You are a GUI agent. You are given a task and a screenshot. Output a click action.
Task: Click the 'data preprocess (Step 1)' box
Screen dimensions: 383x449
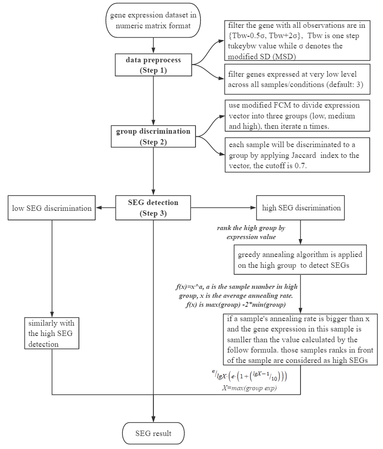[153, 65]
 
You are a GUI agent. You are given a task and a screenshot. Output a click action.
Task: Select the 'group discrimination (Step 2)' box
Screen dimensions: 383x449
[153, 136]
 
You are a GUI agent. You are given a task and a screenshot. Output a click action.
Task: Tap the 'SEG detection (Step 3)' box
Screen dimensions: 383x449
[153, 208]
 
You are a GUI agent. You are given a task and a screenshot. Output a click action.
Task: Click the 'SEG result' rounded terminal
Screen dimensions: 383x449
[153, 433]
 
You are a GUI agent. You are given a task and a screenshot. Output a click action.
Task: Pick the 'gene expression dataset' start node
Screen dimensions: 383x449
[153, 20]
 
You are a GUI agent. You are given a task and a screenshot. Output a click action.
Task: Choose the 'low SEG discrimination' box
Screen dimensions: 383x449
[52, 208]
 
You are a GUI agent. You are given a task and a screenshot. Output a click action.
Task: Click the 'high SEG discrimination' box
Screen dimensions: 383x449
[300, 208]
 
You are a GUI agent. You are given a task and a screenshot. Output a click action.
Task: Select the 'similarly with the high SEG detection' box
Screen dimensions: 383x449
[52, 333]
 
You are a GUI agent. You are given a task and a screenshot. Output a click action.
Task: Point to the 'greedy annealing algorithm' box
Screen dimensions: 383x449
[300, 260]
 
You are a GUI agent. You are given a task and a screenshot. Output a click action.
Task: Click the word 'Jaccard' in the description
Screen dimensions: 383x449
[304, 155]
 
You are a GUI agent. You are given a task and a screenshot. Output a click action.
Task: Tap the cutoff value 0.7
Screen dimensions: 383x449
[300, 166]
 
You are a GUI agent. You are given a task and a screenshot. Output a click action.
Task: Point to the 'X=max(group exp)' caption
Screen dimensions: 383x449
[249, 388]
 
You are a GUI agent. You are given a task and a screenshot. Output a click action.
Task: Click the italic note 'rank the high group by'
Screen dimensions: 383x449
[251, 228]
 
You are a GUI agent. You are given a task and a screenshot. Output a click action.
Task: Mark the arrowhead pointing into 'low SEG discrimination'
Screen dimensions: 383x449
[99, 208]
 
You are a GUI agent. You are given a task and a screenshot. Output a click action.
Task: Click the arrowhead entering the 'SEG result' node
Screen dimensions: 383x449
[153, 419]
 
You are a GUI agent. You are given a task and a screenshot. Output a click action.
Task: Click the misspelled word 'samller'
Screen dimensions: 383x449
[239, 340]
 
